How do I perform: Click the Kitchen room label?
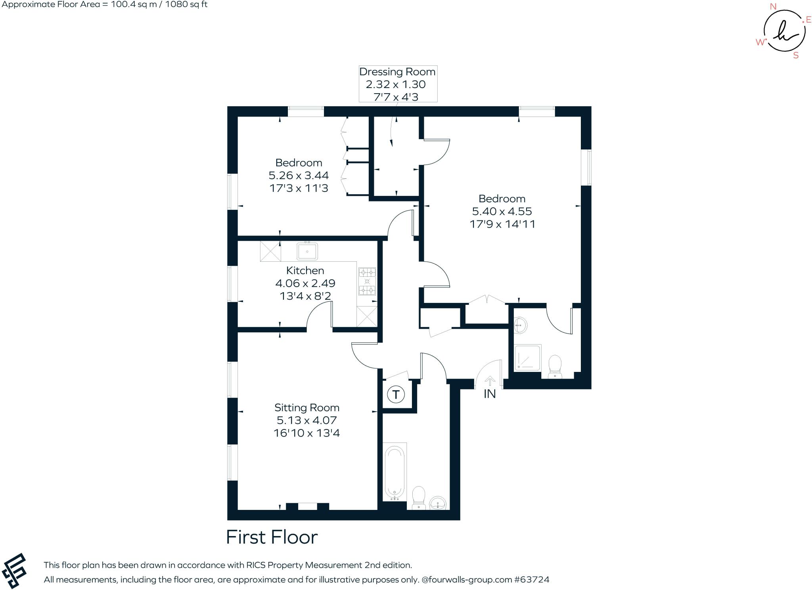(305, 271)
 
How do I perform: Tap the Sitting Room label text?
(306, 408)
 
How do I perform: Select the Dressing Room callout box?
(398, 84)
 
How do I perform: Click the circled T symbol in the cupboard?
(395, 395)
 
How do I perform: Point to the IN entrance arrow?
(490, 381)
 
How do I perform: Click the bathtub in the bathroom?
(395, 472)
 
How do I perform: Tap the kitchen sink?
(307, 251)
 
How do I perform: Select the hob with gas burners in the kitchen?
(367, 282)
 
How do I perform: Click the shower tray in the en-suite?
(527, 358)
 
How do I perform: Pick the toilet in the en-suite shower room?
(555, 366)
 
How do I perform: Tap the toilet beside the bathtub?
(419, 498)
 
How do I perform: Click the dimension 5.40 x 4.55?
(502, 211)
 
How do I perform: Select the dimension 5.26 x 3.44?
(299, 175)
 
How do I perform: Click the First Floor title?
(272, 537)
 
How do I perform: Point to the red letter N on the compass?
(773, 6)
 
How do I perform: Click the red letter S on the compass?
(795, 56)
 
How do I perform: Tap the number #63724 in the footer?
(532, 580)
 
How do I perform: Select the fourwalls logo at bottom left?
(14, 571)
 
